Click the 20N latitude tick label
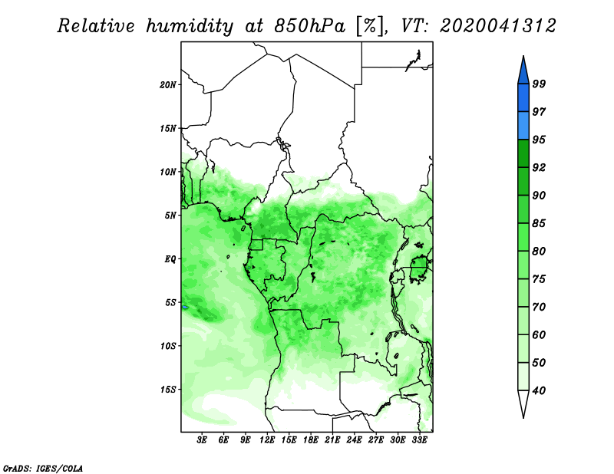tap(167, 85)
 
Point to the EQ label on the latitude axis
tap(170, 259)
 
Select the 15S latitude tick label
tap(167, 390)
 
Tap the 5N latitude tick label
tap(170, 216)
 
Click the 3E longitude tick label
tap(202, 440)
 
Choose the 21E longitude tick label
tap(332, 440)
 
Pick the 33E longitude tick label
tap(419, 440)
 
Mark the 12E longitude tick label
tap(266, 440)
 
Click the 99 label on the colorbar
tap(539, 84)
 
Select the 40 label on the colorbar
tap(539, 390)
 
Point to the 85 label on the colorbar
tap(539, 223)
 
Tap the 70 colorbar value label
tap(539, 307)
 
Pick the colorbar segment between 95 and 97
tap(523, 126)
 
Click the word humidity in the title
tap(190, 26)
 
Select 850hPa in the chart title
tap(309, 26)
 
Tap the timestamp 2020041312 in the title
tap(497, 26)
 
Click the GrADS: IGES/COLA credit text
tap(43, 469)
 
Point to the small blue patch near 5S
tap(185, 308)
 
